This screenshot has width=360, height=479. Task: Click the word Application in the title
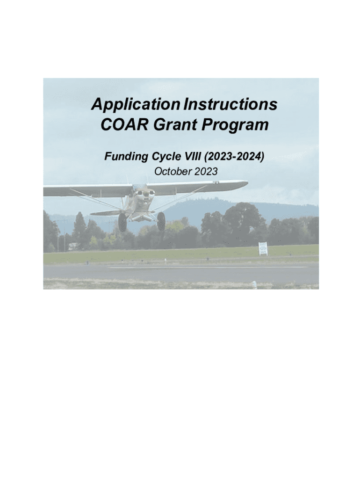(x=136, y=104)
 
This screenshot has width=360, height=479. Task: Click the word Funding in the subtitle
(x=126, y=156)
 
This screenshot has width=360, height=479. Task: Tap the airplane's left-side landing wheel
(x=122, y=222)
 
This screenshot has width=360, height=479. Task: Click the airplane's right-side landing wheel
(x=161, y=221)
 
